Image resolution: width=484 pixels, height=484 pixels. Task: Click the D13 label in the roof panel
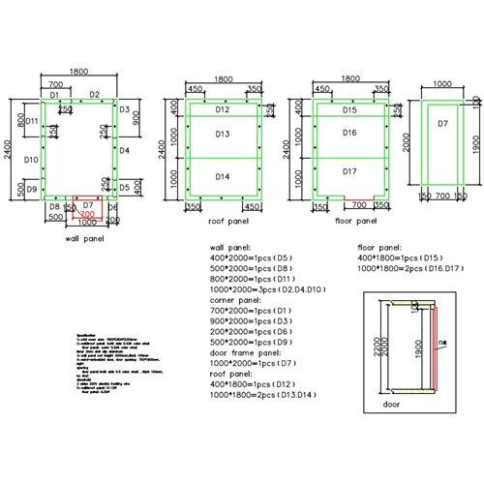(x=222, y=135)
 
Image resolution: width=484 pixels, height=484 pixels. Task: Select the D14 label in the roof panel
(x=222, y=176)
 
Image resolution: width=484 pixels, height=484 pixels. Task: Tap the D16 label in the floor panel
(x=350, y=133)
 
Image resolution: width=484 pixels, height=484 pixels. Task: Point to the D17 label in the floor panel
(x=350, y=171)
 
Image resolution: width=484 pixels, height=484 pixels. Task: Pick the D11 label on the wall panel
(x=31, y=121)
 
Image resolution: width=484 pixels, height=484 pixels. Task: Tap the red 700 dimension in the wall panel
(x=87, y=213)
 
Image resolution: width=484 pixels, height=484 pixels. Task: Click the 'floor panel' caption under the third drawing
(x=355, y=221)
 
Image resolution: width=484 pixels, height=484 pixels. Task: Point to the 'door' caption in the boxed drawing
(x=392, y=404)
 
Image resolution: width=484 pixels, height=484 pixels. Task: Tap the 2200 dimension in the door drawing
(x=369, y=343)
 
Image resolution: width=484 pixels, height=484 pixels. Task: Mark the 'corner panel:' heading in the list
(x=233, y=299)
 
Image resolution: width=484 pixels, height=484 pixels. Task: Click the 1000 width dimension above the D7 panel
(x=441, y=84)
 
